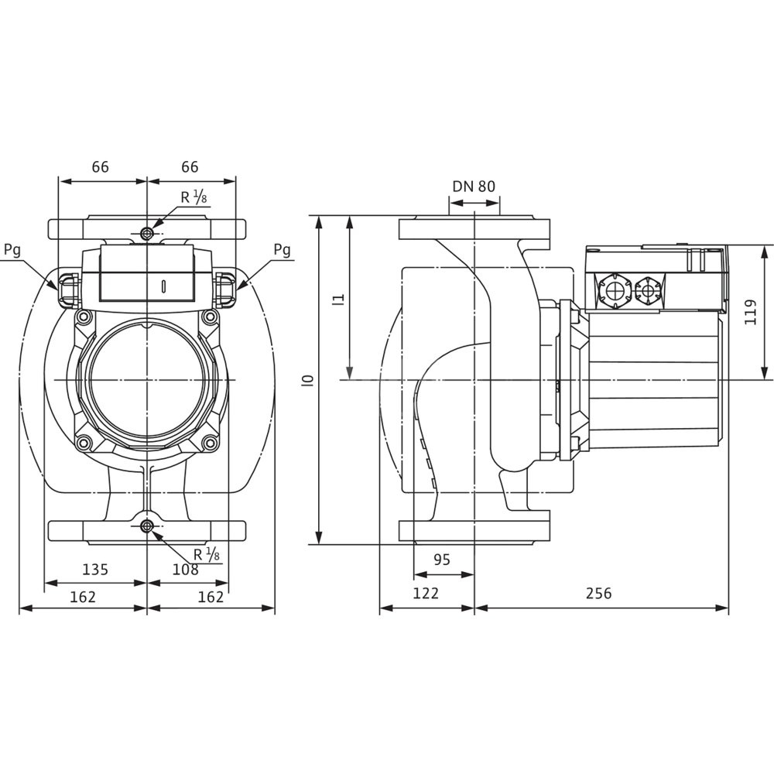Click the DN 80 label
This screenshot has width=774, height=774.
tap(474, 186)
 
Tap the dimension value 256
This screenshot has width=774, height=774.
tap(598, 593)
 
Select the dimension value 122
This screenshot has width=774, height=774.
tap(426, 593)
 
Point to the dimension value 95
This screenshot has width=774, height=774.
tap(442, 560)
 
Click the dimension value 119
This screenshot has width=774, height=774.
tap(751, 312)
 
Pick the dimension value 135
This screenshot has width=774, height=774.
tap(94, 570)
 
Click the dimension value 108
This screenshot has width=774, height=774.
tap(185, 570)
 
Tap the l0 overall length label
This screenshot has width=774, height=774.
tap(309, 379)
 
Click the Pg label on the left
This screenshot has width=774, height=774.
tap(12, 250)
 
